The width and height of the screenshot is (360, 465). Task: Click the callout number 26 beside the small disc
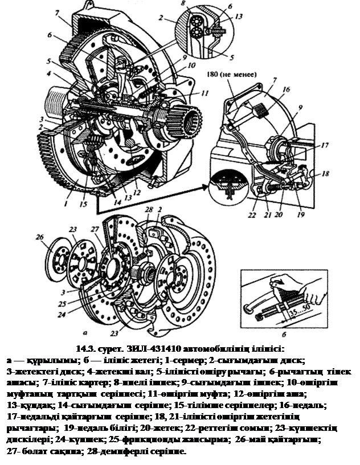[39, 237]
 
